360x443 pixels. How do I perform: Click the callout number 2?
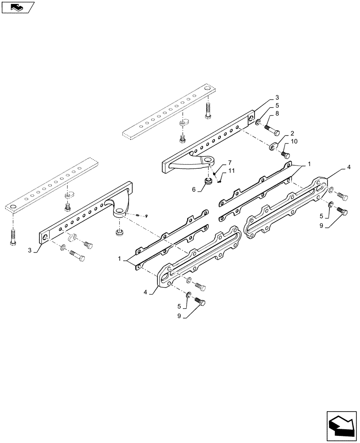pyautogui.click(x=293, y=133)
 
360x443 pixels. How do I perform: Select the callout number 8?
pyautogui.click(x=277, y=114)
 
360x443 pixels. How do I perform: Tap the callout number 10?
pyautogui.click(x=294, y=141)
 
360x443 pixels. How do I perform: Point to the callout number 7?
pyautogui.click(x=230, y=163)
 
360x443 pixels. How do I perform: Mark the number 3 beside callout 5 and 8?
pyautogui.click(x=277, y=97)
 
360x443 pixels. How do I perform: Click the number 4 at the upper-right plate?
pyautogui.click(x=349, y=167)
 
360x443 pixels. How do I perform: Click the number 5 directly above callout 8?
pyautogui.click(x=277, y=106)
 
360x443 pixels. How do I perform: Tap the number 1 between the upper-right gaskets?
pyautogui.click(x=309, y=164)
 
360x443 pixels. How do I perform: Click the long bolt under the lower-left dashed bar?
pyautogui.click(x=12, y=237)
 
